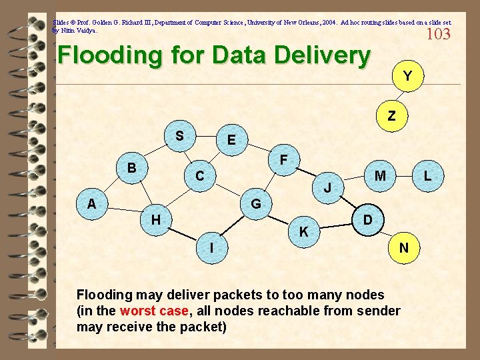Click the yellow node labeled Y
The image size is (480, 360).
pyautogui.click(x=407, y=77)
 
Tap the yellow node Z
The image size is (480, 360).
pyautogui.click(x=391, y=115)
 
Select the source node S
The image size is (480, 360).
pyautogui.click(x=179, y=136)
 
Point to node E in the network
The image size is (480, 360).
pyautogui.click(x=231, y=140)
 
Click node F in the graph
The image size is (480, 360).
pyautogui.click(x=283, y=160)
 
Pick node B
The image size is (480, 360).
pyautogui.click(x=132, y=167)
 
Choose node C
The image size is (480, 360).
pyautogui.click(x=199, y=177)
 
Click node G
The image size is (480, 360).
pyautogui.click(x=255, y=203)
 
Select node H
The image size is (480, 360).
pyautogui.click(x=155, y=219)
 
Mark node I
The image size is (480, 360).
pyautogui.click(x=211, y=247)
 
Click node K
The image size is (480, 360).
pyautogui.click(x=303, y=232)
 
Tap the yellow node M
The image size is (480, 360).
pyautogui.click(x=380, y=175)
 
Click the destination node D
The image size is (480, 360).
pyautogui.click(x=367, y=219)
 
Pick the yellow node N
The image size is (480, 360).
pyautogui.click(x=403, y=247)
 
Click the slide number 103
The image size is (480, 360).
pyautogui.click(x=438, y=34)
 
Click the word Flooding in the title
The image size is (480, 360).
pyautogui.click(x=107, y=57)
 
